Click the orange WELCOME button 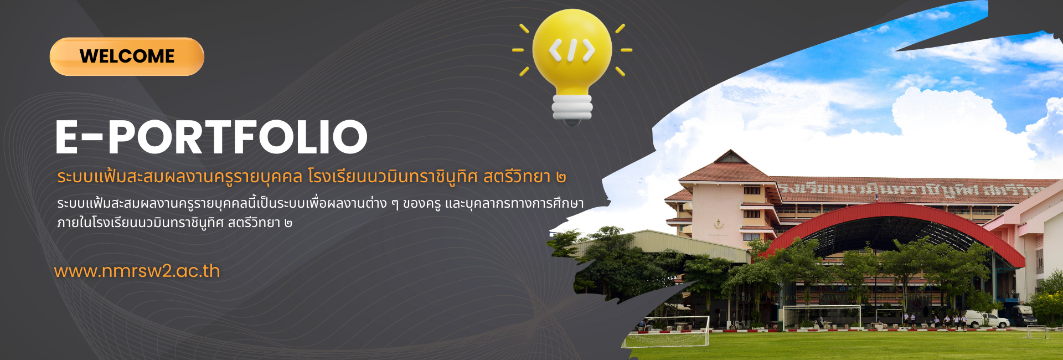[x=127, y=56]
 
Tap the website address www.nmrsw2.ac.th [x=137, y=271]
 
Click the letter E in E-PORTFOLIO [x=67, y=137]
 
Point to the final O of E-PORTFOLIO [x=350, y=137]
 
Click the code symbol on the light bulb [x=572, y=50]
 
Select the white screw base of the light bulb [x=572, y=107]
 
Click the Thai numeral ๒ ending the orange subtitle [x=561, y=177]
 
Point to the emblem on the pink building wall [x=719, y=224]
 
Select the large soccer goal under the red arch [x=822, y=317]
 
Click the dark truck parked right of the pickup [x=1024, y=315]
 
